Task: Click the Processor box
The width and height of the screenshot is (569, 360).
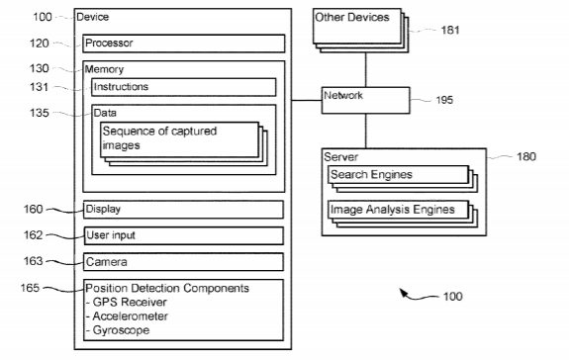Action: coord(184,44)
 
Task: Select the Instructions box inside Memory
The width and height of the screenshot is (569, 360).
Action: coord(184,87)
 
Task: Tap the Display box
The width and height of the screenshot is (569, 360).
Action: coord(183,210)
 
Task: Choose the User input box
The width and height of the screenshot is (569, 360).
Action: coord(183,235)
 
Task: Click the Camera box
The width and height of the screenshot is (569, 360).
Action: coord(183,262)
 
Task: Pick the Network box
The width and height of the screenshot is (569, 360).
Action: coord(366,100)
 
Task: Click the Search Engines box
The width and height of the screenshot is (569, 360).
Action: coord(399,175)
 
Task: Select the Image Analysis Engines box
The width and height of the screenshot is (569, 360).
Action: coord(399,210)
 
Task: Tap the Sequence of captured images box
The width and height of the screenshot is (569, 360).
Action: coord(180,139)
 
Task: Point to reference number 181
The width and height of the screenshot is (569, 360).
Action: coord(450,30)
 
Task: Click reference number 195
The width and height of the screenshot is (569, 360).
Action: coord(444,100)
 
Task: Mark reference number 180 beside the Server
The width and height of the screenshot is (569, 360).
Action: coord(526,156)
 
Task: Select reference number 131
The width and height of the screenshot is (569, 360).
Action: coord(39,87)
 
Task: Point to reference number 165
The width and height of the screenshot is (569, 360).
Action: coord(30,288)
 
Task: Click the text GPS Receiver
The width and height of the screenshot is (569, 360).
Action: coord(130,302)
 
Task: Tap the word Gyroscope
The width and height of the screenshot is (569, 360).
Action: coord(121,330)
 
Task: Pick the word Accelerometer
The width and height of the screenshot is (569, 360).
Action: coord(130,316)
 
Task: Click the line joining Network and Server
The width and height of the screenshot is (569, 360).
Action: coord(366,131)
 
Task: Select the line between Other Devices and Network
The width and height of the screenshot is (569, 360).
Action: coord(366,69)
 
